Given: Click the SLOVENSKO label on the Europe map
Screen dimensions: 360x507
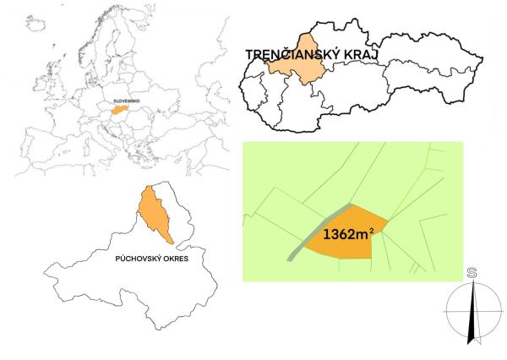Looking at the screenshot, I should tap(128, 100).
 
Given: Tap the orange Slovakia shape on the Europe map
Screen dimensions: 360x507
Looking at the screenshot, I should tap(121, 108).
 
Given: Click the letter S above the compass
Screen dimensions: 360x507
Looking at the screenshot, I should tap(469, 272).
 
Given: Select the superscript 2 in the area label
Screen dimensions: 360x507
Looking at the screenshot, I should tap(373, 226).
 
